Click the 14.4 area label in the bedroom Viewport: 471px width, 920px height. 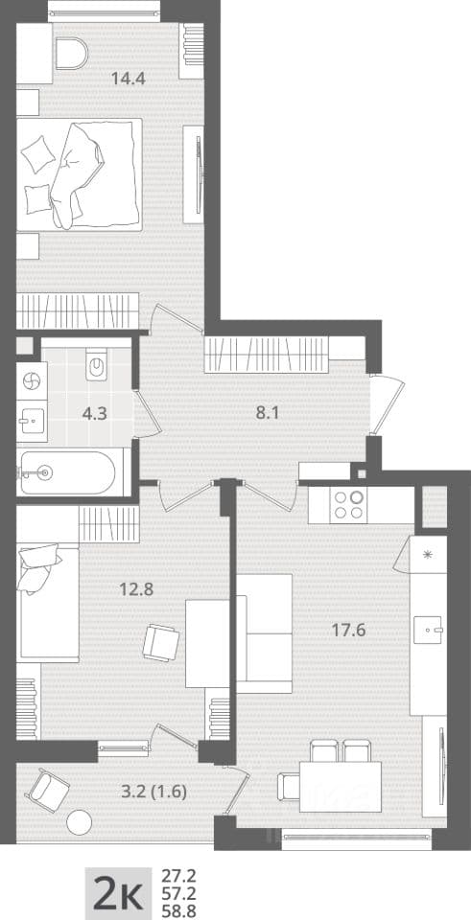(x=129, y=78)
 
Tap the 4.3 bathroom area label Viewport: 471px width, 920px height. (x=94, y=413)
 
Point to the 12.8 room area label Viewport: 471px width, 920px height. (x=136, y=589)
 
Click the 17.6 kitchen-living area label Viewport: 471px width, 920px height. (x=349, y=631)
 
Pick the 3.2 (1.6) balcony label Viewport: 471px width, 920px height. (x=153, y=793)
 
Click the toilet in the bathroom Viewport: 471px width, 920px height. (x=96, y=364)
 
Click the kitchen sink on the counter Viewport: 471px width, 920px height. (x=428, y=630)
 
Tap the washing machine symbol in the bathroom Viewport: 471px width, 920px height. (x=31, y=380)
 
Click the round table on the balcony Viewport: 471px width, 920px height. (x=80, y=822)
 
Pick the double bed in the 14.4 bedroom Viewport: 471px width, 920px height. (x=80, y=174)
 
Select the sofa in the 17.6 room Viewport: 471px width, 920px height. (x=264, y=633)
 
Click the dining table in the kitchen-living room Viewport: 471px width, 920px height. (x=340, y=786)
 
